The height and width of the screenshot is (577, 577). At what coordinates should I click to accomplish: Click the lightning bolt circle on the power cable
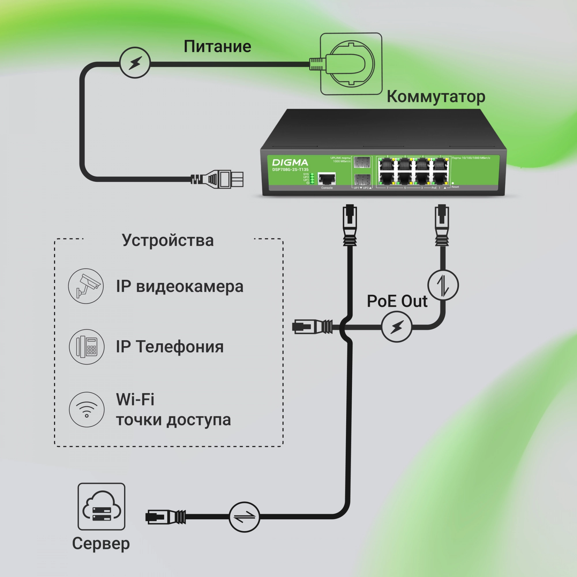click(135, 63)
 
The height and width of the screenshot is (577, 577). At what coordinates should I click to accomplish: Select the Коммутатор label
click(436, 97)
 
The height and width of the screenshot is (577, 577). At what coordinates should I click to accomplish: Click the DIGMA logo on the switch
click(290, 162)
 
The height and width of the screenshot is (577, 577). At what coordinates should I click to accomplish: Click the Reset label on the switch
click(455, 187)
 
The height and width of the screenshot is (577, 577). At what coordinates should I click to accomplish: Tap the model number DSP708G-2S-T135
click(290, 170)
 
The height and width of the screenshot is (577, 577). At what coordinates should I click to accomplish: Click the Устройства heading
click(168, 240)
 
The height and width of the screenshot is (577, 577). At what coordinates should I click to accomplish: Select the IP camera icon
click(86, 286)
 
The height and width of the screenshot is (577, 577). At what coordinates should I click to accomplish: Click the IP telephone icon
click(87, 347)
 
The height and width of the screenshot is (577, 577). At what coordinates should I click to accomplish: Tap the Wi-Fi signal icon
click(87, 409)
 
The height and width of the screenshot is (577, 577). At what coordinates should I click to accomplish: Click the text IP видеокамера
click(180, 286)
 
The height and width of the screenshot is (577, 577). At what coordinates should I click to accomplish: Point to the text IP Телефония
click(170, 347)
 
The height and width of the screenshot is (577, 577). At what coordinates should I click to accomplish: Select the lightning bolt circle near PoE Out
click(397, 327)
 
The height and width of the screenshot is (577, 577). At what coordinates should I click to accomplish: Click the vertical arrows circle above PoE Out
click(443, 285)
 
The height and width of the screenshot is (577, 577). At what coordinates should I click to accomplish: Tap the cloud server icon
click(102, 507)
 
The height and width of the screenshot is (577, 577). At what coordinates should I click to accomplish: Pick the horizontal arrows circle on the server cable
click(244, 517)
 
